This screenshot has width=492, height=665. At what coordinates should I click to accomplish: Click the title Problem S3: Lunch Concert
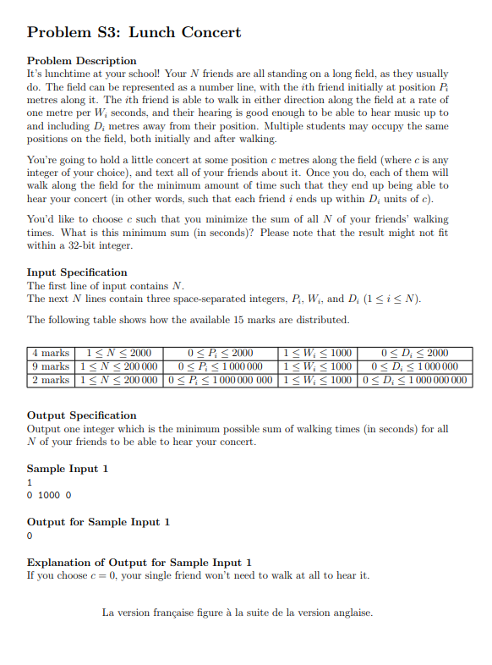134,33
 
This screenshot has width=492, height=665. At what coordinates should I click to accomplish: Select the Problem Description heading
81,61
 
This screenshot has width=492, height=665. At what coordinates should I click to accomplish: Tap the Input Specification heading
77,272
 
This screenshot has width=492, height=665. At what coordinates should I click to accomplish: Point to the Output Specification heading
81,415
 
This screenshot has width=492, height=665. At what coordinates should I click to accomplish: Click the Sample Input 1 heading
68,469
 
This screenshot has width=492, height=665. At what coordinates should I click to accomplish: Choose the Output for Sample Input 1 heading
98,522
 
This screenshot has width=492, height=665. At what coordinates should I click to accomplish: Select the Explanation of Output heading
139,563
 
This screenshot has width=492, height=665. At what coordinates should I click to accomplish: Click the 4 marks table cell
50,354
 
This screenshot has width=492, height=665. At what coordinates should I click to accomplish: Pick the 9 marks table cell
50,366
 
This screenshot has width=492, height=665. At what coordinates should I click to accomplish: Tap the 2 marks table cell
50,379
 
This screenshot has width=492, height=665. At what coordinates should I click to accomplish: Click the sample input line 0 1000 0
50,495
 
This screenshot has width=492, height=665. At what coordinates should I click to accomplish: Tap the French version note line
237,613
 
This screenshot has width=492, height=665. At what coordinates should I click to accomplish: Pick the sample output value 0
30,536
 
